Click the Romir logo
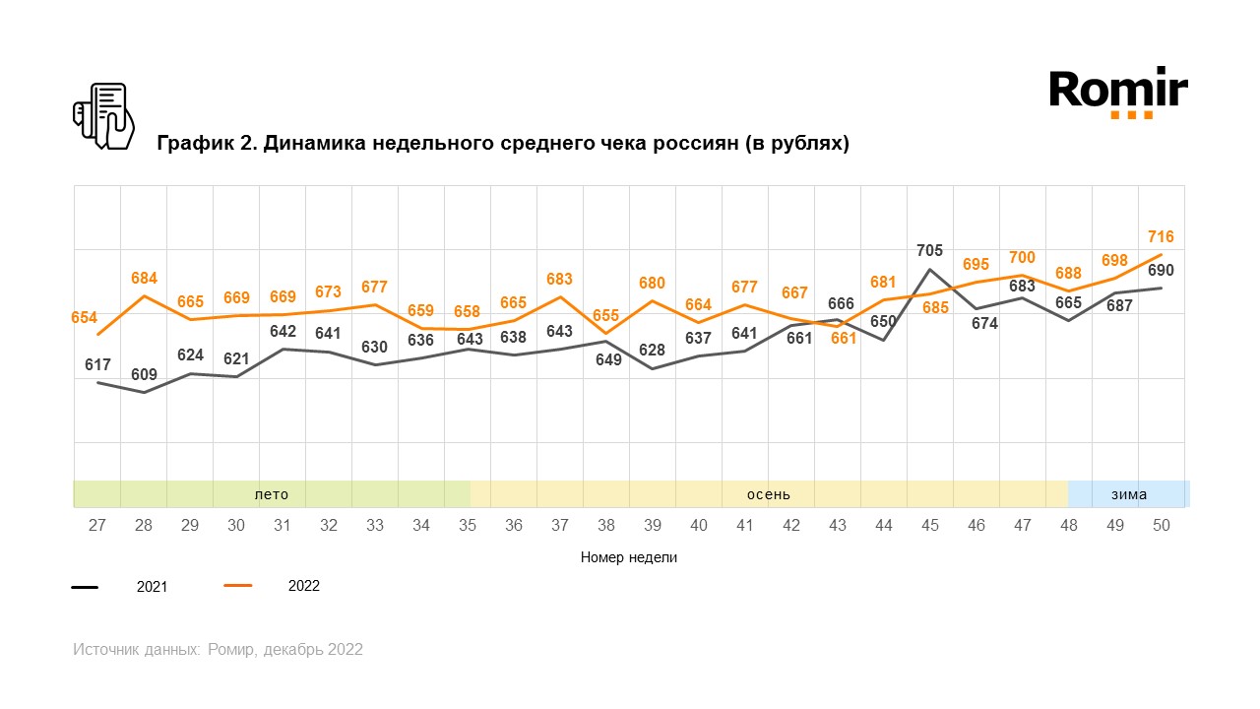coord(1118,92)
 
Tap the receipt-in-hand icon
coord(103,116)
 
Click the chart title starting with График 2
coord(503,144)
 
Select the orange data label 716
coord(1161,236)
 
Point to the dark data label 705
coord(929,250)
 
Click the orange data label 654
coord(85,317)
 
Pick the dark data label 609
coord(144,374)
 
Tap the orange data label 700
coord(1022,258)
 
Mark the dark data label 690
coord(1161,270)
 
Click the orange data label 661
coord(844,338)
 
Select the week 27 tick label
coord(97,526)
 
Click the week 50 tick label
coord(1162,526)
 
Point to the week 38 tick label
coord(606,526)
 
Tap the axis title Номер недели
coord(629,557)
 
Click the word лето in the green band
coord(272,494)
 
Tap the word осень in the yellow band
coord(768,494)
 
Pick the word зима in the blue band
coord(1129,494)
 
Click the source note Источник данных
coord(218,650)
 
